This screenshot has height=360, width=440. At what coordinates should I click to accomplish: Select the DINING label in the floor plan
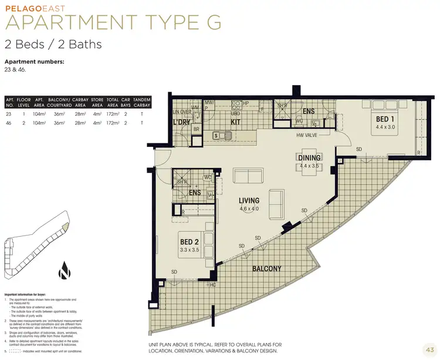click(309, 157)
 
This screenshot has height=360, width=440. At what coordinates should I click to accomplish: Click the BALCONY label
click(266, 268)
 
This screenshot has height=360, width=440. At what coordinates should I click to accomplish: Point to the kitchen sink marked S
click(216, 136)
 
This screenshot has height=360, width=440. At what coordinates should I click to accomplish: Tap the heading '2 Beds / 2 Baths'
click(53, 44)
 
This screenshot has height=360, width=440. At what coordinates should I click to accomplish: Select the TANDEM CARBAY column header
click(142, 103)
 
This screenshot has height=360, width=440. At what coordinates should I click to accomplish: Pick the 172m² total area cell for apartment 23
click(113, 115)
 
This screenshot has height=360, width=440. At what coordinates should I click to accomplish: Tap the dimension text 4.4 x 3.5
click(309, 166)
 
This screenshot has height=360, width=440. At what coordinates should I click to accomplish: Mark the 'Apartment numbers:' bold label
click(34, 62)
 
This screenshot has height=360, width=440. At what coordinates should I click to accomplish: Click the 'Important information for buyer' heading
click(25, 292)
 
